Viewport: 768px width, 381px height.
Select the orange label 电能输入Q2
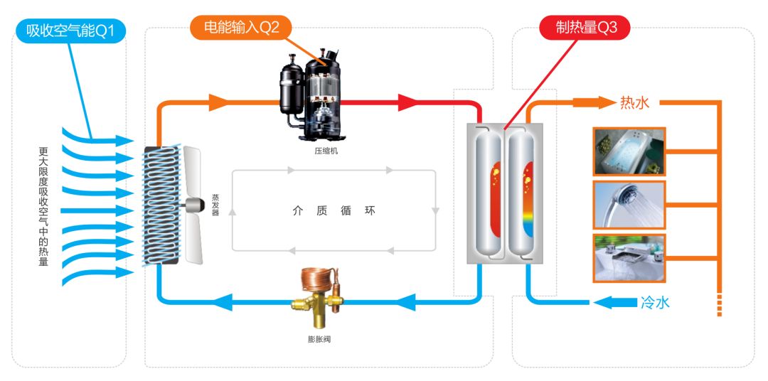pos(241,28)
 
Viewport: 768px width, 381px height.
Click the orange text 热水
pos(635,103)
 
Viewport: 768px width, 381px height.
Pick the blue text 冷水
pos(655,303)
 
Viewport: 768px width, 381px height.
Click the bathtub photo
pos(629,151)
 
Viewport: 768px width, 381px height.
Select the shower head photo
pos(629,205)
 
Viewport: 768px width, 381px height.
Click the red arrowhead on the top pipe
pos(407,103)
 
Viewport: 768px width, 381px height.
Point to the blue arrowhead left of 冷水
pos(605,303)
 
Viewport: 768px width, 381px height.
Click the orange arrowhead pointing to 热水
pos(604,102)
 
